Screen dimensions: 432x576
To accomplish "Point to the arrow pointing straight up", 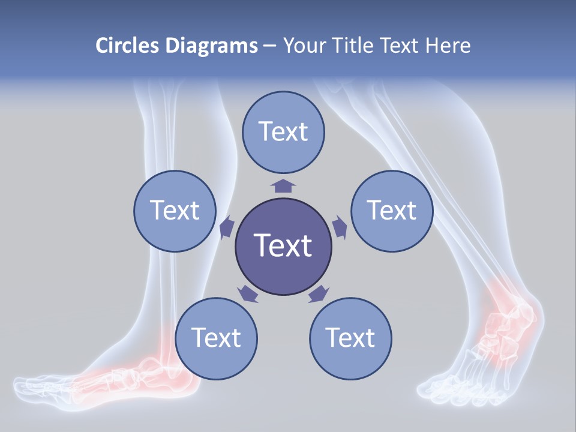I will (283, 184).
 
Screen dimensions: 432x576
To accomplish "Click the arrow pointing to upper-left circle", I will (227, 228).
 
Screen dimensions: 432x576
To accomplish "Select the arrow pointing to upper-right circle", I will (339, 228).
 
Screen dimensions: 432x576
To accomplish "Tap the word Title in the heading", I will (361, 46).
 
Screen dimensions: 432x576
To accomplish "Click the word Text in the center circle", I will (283, 245).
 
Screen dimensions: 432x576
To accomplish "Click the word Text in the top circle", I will (283, 131).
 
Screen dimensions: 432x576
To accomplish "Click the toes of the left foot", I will (36, 384).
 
